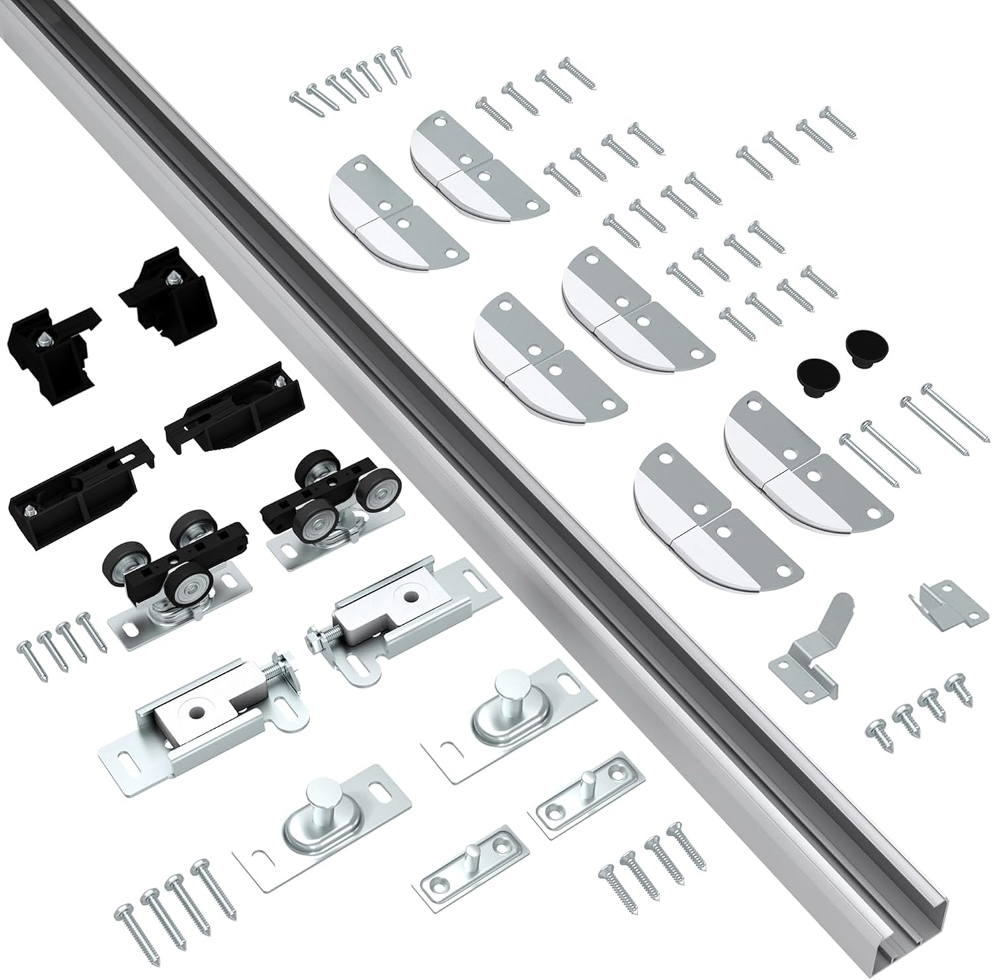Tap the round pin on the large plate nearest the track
(509, 692)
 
